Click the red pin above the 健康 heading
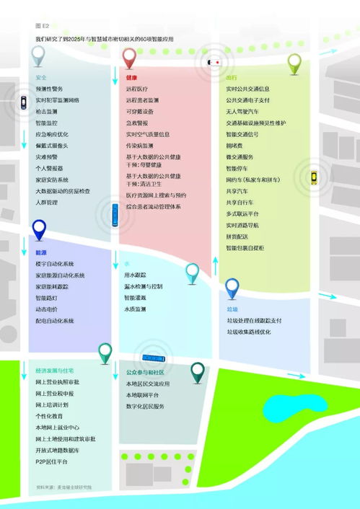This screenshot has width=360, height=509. (x=130, y=57)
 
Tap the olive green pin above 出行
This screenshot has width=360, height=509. (x=294, y=63)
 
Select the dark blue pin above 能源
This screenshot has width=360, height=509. (x=39, y=230)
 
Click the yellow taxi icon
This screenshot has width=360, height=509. (x=314, y=177)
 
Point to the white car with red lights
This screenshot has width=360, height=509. (x=214, y=62)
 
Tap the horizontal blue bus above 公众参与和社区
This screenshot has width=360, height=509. (x=154, y=358)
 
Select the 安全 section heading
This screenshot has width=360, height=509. (x=41, y=77)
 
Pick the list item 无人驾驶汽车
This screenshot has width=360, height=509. (x=243, y=112)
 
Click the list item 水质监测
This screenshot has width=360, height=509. (x=135, y=309)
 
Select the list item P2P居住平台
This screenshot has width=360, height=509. (x=51, y=461)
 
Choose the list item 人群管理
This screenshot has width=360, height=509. (x=47, y=203)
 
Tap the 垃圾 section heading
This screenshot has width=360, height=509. (x=232, y=309)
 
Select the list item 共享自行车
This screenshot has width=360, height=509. (x=241, y=203)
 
